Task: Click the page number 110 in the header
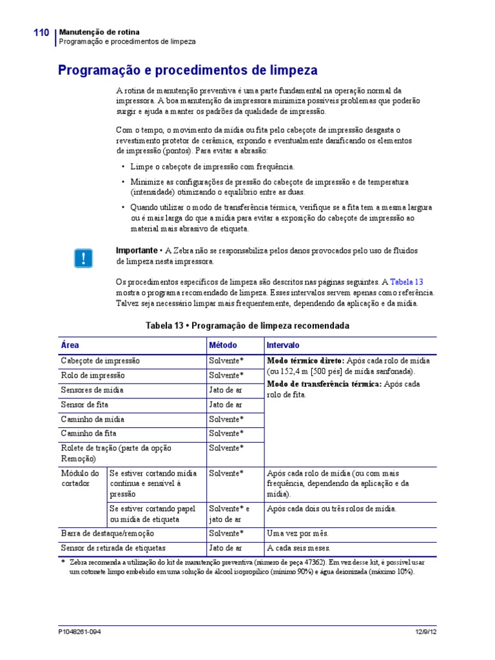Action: click(41, 32)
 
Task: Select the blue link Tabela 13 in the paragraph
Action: click(407, 282)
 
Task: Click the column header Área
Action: click(70, 345)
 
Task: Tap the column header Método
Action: click(223, 345)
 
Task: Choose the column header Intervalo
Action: click(283, 345)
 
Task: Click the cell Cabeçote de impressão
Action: click(100, 361)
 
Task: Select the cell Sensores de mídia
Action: click(92, 390)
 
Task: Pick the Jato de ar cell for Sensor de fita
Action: click(226, 405)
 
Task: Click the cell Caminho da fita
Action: click(89, 433)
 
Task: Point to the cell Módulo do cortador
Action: click(80, 478)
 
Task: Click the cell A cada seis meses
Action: click(298, 548)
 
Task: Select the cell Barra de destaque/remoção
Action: click(108, 534)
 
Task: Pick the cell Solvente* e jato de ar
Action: click(229, 514)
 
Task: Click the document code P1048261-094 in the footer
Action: click(79, 632)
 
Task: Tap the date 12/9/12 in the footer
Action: click(425, 632)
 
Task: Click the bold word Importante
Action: click(136, 250)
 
